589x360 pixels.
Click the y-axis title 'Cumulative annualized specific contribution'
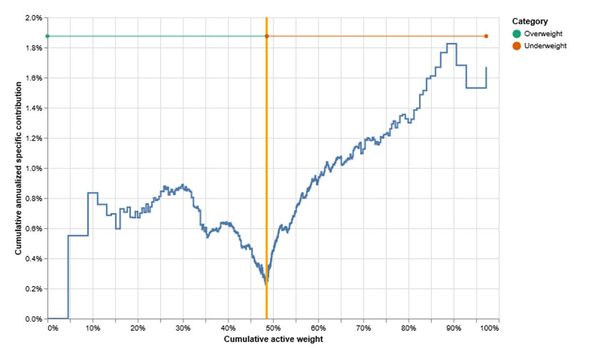click(19, 168)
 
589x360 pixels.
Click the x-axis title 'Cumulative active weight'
click(273, 339)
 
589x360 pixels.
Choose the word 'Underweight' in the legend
click(545, 46)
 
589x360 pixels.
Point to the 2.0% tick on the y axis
click(33, 17)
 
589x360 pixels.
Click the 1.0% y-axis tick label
click(33, 168)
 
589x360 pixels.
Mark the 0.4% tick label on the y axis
click(33, 259)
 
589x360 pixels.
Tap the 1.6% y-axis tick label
click(33, 78)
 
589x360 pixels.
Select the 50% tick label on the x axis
click(273, 327)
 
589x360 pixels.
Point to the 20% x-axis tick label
click(138, 327)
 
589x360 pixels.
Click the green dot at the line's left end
click(47, 36)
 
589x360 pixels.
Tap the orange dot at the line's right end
click(486, 36)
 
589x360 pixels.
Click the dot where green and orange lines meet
click(266, 36)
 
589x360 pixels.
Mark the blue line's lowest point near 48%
click(266, 284)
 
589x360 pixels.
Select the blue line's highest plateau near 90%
click(451, 44)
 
